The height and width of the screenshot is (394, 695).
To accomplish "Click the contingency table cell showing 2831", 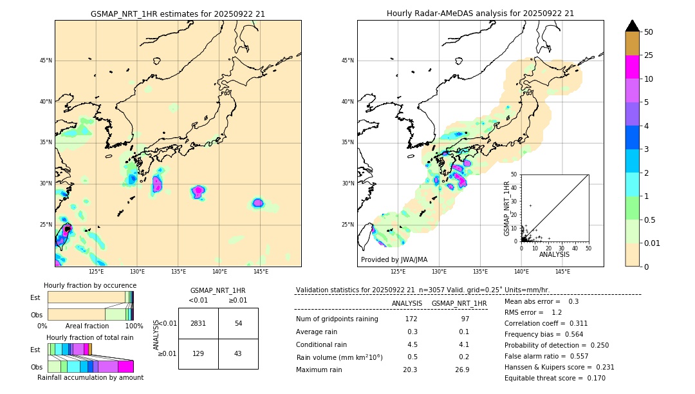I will click(198, 323).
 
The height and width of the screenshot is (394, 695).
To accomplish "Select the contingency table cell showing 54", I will click(238, 323).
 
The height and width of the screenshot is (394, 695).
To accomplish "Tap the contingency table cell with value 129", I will click(198, 354).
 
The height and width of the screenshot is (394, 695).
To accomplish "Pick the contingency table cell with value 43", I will click(238, 354).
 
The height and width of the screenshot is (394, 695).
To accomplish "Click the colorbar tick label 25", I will click(649, 56).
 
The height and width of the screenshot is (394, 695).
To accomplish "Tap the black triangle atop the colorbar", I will click(633, 26).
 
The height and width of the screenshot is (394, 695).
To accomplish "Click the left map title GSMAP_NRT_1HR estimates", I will click(178, 14).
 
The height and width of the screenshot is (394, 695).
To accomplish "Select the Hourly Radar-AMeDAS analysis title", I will click(480, 14).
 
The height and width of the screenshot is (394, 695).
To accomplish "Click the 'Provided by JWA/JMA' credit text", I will click(394, 259).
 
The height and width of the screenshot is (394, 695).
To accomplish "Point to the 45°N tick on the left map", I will click(46, 61).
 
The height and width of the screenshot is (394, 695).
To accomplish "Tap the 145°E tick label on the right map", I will click(562, 272).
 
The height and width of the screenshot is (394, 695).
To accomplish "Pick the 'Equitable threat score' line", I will click(555, 378).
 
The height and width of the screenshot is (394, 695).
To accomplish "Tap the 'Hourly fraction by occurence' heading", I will click(90, 285).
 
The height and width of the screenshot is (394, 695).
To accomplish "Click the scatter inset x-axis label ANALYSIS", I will click(554, 254).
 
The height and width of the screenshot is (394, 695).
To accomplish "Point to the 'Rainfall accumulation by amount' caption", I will click(90, 377).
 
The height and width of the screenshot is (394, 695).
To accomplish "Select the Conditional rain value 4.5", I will click(412, 344).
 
